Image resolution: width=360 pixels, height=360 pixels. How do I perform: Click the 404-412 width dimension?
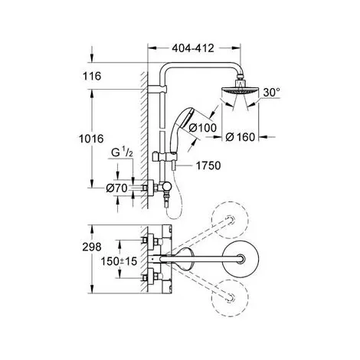193,48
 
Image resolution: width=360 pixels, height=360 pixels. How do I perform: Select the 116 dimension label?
92,76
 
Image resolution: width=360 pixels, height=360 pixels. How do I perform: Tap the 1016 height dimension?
91,139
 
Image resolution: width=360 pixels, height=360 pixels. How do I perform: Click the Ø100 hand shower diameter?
203,128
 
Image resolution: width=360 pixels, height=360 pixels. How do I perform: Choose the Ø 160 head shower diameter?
241,137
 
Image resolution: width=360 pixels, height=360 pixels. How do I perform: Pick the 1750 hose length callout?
208,165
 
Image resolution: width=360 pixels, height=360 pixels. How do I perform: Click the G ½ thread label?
122,152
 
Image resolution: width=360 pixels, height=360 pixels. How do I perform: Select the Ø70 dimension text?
116,188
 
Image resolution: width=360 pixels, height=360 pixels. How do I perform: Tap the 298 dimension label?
92,247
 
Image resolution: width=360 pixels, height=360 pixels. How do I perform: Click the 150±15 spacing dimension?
119,261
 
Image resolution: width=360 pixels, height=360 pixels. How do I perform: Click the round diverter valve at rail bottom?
165,188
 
